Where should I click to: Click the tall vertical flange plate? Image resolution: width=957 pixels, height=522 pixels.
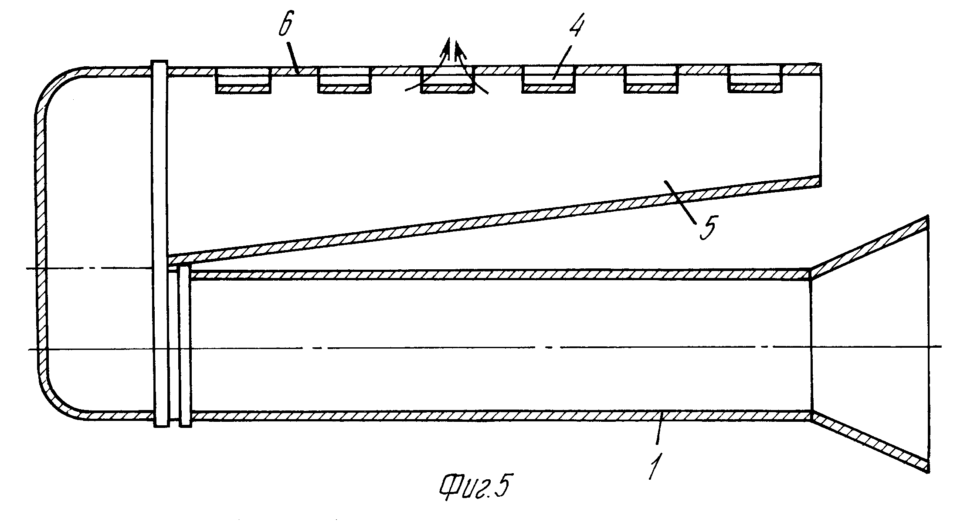click(x=160, y=244)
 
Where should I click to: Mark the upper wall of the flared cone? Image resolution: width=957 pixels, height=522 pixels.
click(x=867, y=248)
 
